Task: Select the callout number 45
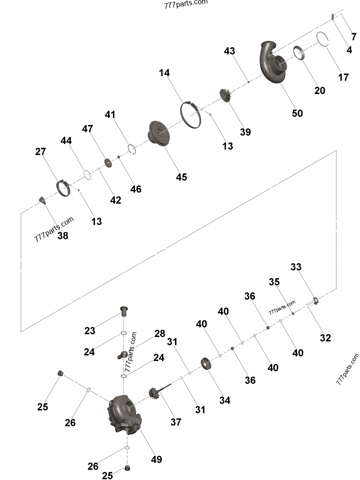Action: point(181,177)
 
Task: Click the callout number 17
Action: point(343,77)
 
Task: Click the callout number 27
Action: point(40,152)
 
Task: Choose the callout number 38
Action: point(63,235)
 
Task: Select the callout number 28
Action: point(160,333)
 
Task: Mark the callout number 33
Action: point(296,267)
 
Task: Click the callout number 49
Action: point(157,459)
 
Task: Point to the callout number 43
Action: point(229,51)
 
